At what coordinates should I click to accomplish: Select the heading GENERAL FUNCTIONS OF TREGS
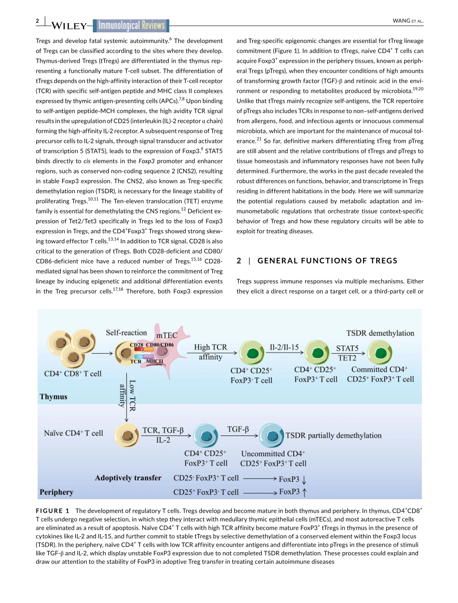[327, 261]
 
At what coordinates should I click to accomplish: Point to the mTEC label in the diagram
[166, 335]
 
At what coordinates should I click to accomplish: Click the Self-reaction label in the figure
[126, 332]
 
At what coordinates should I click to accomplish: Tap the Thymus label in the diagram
[54, 396]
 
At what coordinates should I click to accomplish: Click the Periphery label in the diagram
[56, 492]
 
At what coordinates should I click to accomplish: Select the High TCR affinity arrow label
[210, 352]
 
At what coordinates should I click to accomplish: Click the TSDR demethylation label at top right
[380, 333]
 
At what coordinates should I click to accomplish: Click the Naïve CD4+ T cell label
[73, 433]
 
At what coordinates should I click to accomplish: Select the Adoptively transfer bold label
[128, 477]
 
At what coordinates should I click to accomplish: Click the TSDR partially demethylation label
[333, 435]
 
